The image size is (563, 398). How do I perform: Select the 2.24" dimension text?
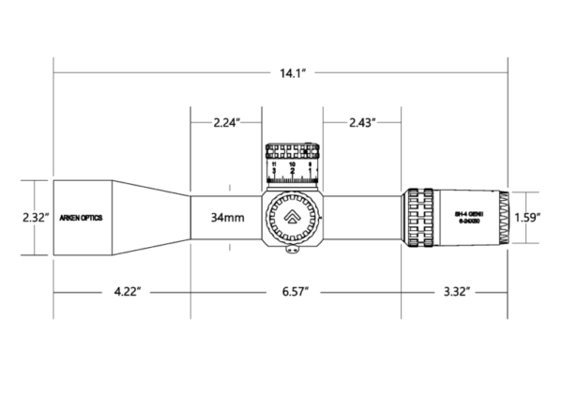227,122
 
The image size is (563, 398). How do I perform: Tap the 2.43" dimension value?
362,122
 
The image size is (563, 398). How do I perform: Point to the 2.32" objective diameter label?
16,217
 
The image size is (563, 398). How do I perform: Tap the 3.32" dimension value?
455,293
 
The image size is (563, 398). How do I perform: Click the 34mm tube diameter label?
228,217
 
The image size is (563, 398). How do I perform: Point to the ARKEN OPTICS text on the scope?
82,217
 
